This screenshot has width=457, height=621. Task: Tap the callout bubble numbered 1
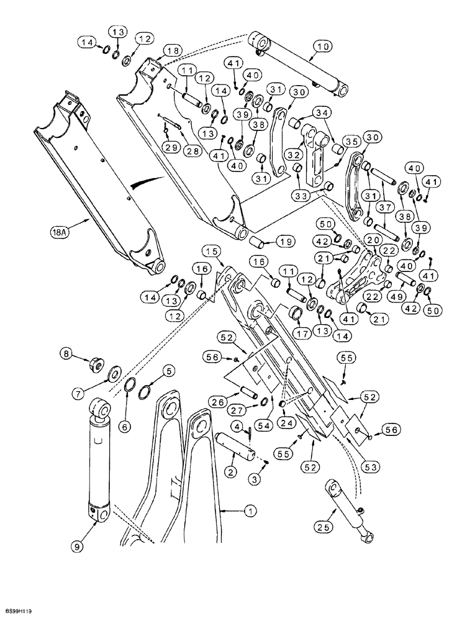coord(251,512)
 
